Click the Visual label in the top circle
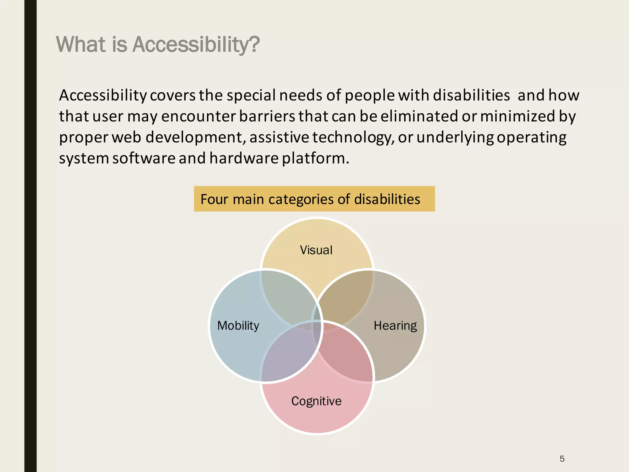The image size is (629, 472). (316, 250)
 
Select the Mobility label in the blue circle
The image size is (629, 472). (238, 326)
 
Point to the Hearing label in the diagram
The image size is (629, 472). (395, 326)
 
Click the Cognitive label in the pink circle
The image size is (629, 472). (316, 401)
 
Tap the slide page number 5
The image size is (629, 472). (562, 459)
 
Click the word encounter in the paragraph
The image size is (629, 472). (198, 116)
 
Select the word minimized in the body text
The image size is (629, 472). (518, 116)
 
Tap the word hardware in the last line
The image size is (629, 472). (244, 158)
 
